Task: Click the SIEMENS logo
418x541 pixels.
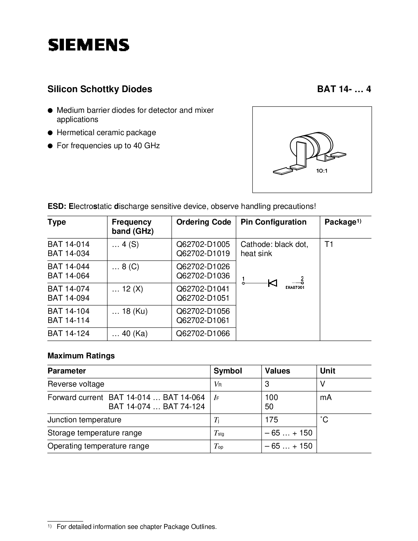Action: (x=89, y=45)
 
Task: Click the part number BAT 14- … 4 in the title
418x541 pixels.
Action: (x=344, y=89)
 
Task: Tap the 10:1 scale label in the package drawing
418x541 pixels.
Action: (x=322, y=171)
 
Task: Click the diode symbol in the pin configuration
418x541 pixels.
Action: (x=272, y=283)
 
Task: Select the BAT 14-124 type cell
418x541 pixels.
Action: (x=69, y=333)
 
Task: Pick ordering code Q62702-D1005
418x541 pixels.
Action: (x=203, y=244)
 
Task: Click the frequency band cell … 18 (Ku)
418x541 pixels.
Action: (x=130, y=311)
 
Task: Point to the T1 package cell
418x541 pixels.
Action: (x=329, y=244)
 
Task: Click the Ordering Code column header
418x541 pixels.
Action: (x=204, y=222)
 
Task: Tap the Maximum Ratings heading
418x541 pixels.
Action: (x=81, y=356)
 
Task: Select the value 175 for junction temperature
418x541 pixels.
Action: (x=271, y=420)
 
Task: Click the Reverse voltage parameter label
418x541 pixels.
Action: (x=76, y=384)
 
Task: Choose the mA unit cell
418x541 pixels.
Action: (x=326, y=397)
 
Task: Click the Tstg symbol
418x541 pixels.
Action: (x=219, y=433)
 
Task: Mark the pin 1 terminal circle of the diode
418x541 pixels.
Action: (x=243, y=283)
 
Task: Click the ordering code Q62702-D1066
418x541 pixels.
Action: (x=203, y=333)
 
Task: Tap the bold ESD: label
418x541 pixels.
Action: (x=57, y=206)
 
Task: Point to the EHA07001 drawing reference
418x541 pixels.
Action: (x=295, y=288)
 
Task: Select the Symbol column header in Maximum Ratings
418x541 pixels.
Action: (x=228, y=371)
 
